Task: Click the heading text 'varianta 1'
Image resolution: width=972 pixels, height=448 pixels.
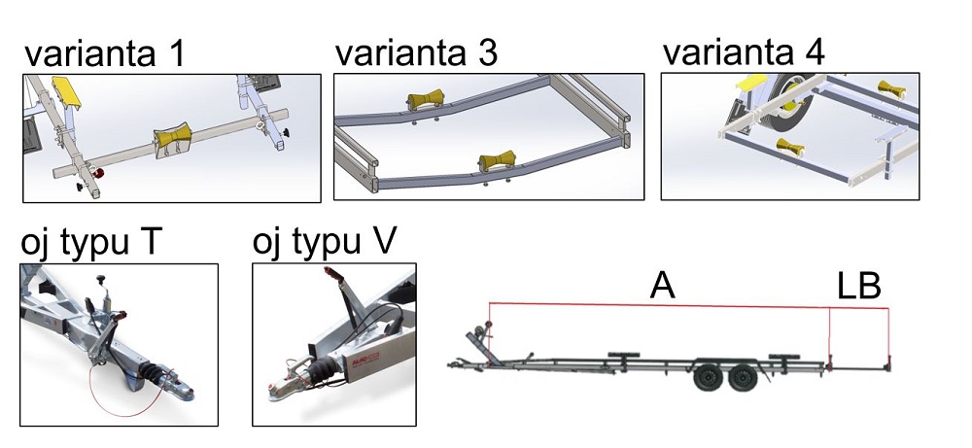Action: [x=106, y=54]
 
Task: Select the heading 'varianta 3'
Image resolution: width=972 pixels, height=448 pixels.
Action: [x=416, y=52]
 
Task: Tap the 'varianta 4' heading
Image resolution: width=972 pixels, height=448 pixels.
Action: [x=744, y=52]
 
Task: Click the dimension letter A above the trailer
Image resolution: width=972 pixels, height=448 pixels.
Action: [x=663, y=286]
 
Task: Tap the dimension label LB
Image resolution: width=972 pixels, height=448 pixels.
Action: [x=858, y=286]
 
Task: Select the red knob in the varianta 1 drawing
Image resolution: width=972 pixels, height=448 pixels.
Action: [x=98, y=173]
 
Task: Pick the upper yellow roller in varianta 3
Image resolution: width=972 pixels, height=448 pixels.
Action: [x=424, y=103]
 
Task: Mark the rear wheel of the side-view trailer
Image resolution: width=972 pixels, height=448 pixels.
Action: [x=743, y=376]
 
